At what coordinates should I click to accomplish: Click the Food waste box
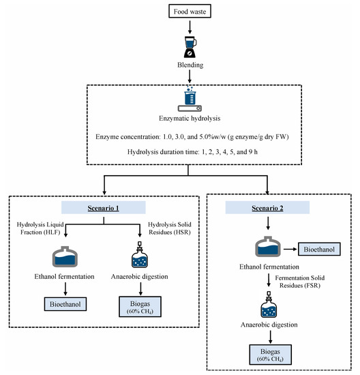190,11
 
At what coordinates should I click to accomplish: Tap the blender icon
190,47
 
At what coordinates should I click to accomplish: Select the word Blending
190,65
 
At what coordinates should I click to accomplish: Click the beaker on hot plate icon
190,99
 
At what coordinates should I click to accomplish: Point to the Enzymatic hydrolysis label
190,119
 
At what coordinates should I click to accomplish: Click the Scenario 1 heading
104,207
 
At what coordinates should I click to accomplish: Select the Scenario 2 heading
267,207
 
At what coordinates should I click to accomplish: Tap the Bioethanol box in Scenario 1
65,304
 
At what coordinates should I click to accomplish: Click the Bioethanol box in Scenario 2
319,249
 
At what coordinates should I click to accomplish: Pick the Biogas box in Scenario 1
140,307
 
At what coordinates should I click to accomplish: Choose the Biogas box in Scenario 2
270,355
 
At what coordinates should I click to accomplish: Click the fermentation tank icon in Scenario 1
65,256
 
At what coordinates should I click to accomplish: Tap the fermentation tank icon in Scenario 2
268,247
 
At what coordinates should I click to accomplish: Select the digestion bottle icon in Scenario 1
140,254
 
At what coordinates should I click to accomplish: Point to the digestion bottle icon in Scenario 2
269,305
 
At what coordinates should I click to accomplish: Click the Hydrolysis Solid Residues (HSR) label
170,228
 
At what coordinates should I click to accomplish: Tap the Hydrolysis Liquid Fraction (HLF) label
40,228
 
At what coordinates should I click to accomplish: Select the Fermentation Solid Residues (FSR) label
300,282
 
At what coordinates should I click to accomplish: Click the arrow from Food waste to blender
190,27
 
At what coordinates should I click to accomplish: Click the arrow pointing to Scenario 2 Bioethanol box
290,249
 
